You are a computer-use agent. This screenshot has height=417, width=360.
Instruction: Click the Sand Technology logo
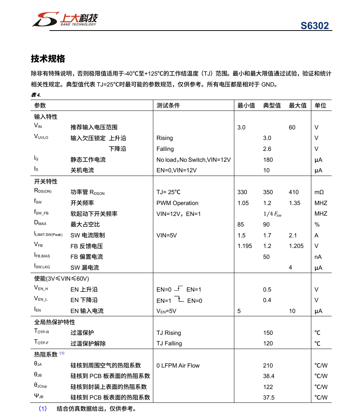[x=64, y=19]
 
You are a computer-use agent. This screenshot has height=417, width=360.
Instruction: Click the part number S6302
[x=314, y=26]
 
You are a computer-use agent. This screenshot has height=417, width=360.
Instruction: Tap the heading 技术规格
[x=48, y=59]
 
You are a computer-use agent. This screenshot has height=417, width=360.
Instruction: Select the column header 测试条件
[x=168, y=105]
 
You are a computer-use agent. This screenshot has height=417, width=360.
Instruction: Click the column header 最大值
[x=298, y=105]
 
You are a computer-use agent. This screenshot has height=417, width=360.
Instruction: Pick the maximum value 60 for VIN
[x=292, y=127]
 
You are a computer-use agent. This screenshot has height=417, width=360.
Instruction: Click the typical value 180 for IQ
[x=268, y=160]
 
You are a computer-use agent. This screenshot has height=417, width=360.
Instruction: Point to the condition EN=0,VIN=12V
[x=177, y=170]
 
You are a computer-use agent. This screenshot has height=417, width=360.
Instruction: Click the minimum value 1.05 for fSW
[x=243, y=203]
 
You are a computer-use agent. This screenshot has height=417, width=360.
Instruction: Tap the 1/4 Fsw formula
[x=272, y=214]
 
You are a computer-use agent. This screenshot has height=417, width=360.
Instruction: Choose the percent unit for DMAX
[x=317, y=225]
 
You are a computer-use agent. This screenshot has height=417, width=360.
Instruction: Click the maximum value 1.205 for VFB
[x=296, y=246]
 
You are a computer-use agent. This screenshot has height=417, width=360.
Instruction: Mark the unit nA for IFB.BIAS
[x=318, y=257]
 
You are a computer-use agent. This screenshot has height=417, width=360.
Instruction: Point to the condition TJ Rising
[x=169, y=333]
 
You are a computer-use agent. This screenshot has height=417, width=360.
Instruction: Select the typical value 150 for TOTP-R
[x=268, y=333]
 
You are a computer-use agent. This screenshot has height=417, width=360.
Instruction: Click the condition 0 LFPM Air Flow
[x=178, y=365]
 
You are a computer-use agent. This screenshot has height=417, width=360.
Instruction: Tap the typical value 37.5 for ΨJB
[x=269, y=397]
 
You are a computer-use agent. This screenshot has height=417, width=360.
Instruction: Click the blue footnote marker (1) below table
[x=43, y=409]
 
